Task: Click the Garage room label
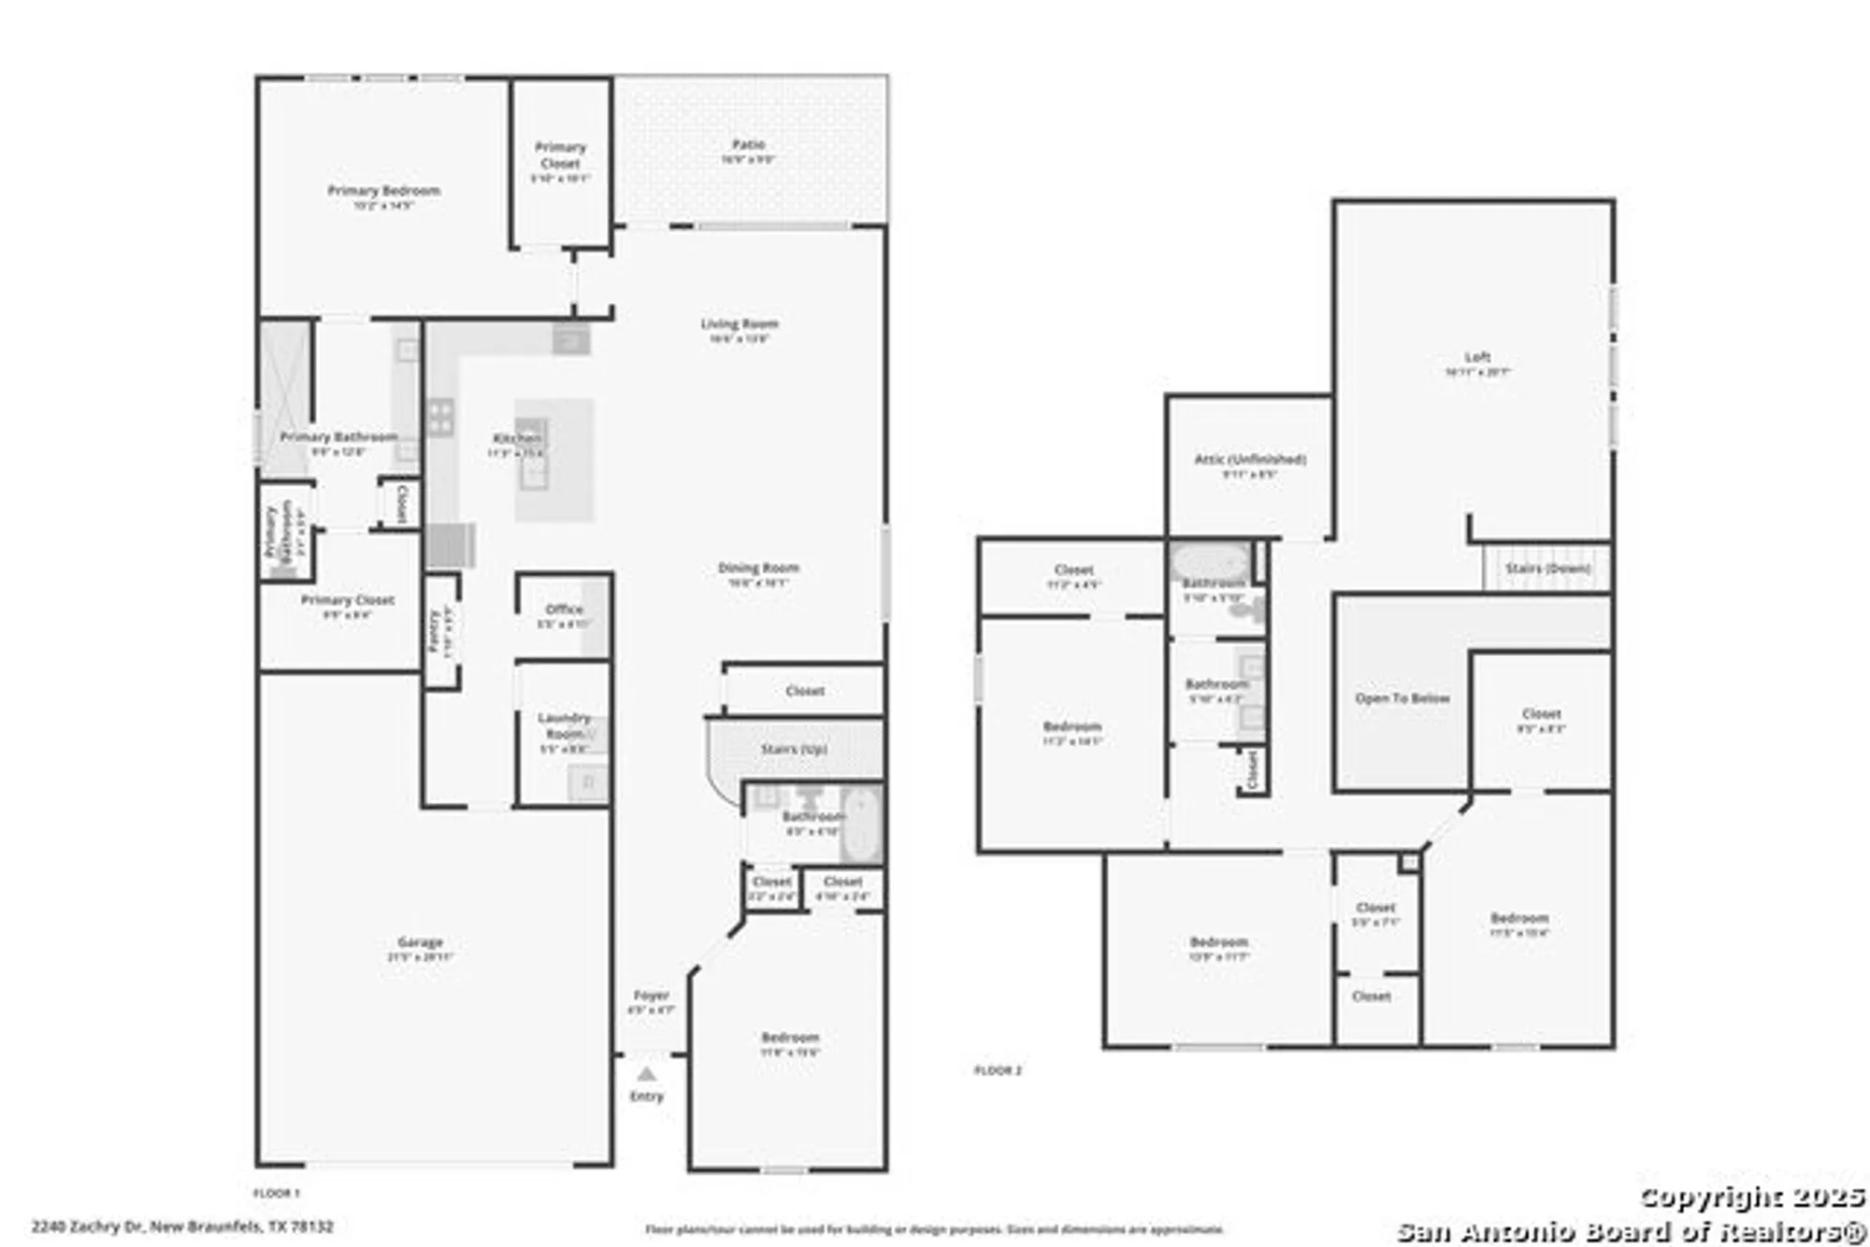420,942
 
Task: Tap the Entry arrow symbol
646,1074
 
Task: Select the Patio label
748,145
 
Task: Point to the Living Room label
740,324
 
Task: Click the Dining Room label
758,568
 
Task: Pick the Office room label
564,609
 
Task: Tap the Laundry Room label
564,725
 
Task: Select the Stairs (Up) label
794,750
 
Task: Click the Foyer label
651,996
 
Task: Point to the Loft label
1477,357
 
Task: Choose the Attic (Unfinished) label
1250,459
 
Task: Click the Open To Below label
1402,698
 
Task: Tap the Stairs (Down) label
1547,568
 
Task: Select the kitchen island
554,460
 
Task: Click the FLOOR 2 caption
998,1070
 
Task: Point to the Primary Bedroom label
383,191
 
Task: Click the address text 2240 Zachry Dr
182,1226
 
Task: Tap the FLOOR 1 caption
277,1194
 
